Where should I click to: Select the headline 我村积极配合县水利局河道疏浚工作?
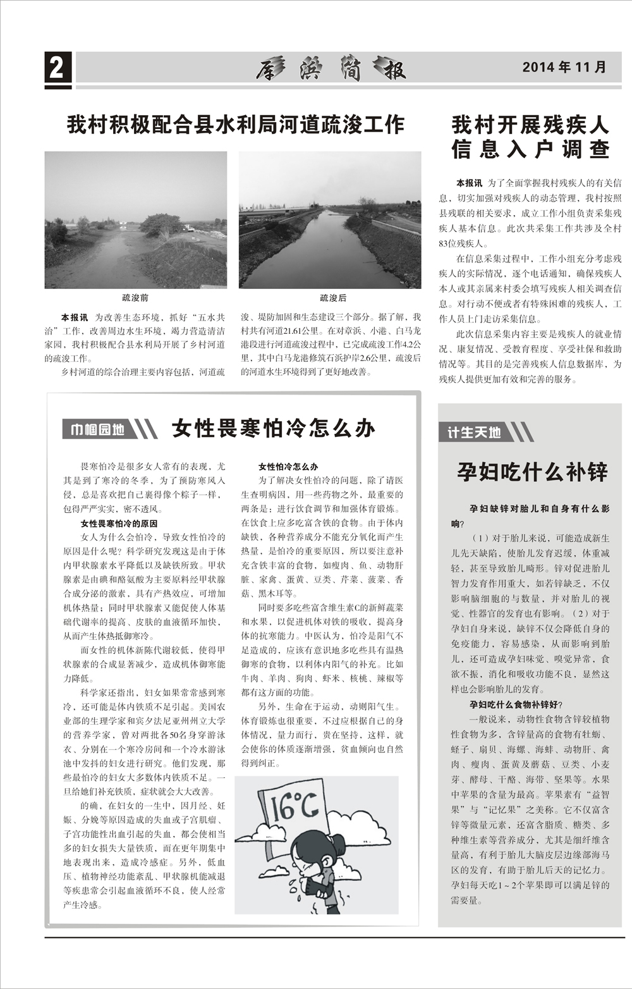click(235, 125)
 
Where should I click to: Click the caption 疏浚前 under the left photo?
click(135, 297)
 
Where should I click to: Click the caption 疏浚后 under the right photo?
click(333, 297)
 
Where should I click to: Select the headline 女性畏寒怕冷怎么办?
click(273, 429)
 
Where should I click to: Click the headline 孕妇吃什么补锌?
click(532, 472)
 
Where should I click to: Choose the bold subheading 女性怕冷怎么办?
click(288, 467)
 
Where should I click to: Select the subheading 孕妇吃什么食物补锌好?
click(516, 704)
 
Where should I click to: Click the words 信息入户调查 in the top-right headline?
click(530, 149)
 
